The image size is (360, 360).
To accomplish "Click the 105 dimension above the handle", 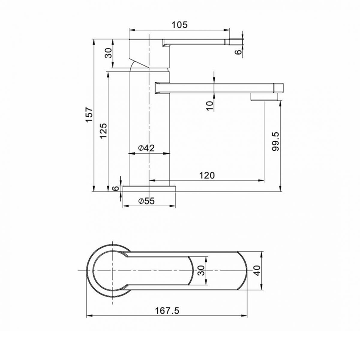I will (x=179, y=25).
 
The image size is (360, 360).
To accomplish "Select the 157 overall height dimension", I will (x=89, y=115).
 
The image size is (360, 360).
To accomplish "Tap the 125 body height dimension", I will (x=103, y=130).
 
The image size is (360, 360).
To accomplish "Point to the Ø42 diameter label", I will (x=146, y=148).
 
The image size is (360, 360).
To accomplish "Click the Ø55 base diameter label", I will (x=146, y=201).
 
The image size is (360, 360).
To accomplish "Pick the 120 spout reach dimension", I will (x=207, y=175).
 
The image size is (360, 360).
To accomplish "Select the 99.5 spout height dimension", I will (x=276, y=141).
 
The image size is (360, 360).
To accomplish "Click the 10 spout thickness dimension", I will (x=210, y=105).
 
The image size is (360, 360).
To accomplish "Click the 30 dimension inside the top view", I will (x=201, y=271).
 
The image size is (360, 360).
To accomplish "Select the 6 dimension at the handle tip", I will (x=238, y=52).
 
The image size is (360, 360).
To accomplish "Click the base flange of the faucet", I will (x=149, y=188).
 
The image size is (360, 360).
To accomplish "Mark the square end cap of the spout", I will (x=279, y=88).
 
